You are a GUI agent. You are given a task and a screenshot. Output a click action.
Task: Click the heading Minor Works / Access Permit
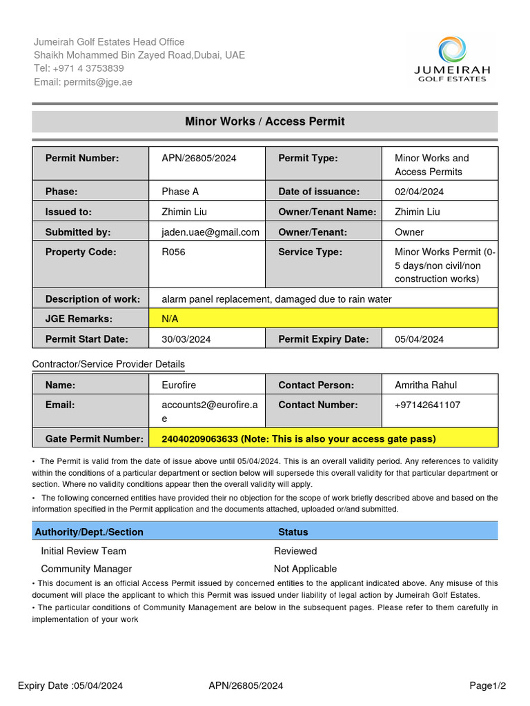pyautogui.click(x=265, y=121)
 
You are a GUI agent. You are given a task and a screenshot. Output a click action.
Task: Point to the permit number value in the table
pyautogui.click(x=199, y=158)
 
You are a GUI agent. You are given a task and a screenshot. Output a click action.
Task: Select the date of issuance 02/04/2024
pyautogui.click(x=419, y=192)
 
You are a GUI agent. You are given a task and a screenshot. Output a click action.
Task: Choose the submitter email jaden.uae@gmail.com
pyautogui.click(x=210, y=232)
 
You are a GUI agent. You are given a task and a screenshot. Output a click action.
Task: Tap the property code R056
pyautogui.click(x=173, y=252)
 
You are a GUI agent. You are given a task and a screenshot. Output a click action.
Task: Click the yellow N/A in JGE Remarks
pyautogui.click(x=170, y=319)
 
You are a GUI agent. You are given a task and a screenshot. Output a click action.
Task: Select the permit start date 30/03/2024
pyautogui.click(x=186, y=339)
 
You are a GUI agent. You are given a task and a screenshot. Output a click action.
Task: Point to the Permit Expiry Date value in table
pyautogui.click(x=419, y=339)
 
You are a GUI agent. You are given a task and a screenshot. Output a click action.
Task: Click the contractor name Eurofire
pyautogui.click(x=179, y=385)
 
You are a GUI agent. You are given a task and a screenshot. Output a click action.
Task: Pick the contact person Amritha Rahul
pyautogui.click(x=426, y=385)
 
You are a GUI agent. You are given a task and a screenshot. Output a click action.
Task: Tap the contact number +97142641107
pyautogui.click(x=428, y=405)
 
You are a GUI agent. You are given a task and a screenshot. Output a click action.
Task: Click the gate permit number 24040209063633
pyautogui.click(x=199, y=438)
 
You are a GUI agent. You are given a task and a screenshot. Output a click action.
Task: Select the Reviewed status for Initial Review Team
pyautogui.click(x=295, y=551)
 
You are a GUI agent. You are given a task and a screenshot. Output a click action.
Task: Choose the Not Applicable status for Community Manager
pyautogui.click(x=305, y=569)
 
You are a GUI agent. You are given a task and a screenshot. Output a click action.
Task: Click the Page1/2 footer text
pyautogui.click(x=488, y=685)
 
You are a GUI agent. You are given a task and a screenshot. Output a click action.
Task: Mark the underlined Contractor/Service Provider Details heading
pyautogui.click(x=108, y=364)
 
